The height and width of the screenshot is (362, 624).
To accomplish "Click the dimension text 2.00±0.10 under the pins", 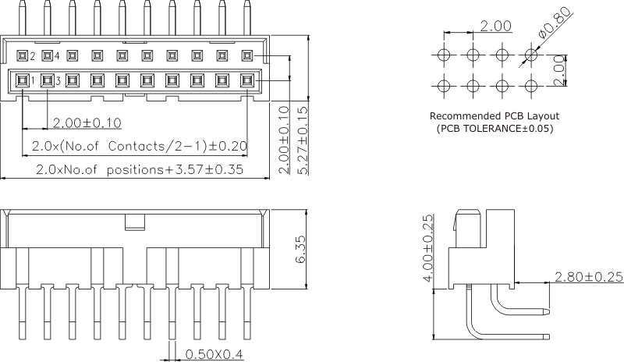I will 87,122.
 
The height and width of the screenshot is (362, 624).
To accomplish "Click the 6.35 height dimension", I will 301,250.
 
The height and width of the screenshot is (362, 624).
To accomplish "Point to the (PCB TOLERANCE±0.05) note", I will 495,127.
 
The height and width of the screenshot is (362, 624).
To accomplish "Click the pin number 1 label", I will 33,80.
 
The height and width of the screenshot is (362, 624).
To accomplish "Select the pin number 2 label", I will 33,56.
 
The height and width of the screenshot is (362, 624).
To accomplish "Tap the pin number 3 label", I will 58,80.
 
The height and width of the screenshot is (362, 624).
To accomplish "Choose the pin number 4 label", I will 58,56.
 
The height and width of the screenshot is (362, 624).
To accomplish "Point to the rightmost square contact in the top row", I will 247,55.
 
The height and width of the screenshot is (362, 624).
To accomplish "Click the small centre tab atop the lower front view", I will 135,222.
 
